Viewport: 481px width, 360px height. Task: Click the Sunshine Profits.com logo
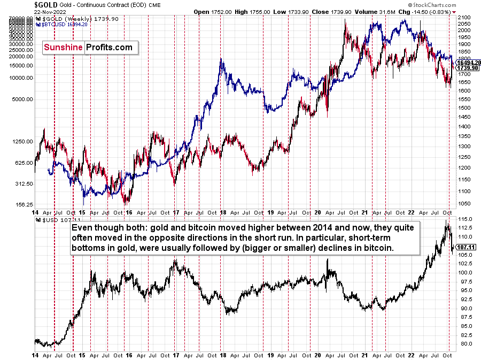pyautogui.click(x=88, y=48)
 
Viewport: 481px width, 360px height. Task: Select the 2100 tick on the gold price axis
pyautogui.click(x=464, y=18)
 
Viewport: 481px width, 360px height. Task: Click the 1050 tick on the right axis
pyautogui.click(x=464, y=204)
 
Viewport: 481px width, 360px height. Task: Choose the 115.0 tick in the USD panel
pyautogui.click(x=464, y=219)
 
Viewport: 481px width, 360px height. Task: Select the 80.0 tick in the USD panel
pyautogui.click(x=464, y=343)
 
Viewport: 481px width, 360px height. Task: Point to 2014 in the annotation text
pyautogui.click(x=354, y=227)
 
